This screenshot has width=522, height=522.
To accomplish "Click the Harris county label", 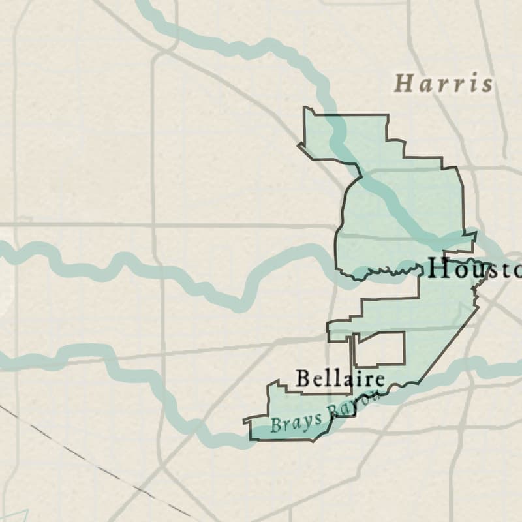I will (x=444, y=84).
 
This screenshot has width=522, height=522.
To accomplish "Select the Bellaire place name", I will (x=339, y=378).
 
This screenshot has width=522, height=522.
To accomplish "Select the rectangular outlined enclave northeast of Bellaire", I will (x=379, y=349).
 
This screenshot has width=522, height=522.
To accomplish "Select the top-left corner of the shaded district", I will (x=305, y=108).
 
